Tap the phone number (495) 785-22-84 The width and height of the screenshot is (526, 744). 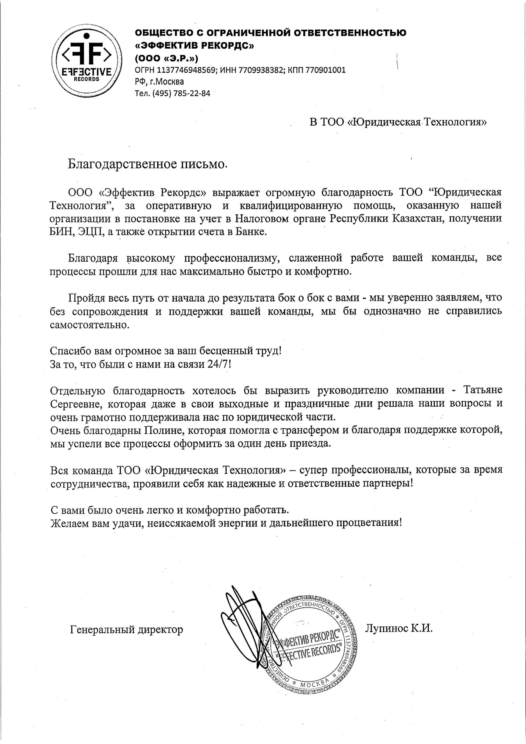coord(183,93)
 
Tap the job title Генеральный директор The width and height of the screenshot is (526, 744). coord(126,629)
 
